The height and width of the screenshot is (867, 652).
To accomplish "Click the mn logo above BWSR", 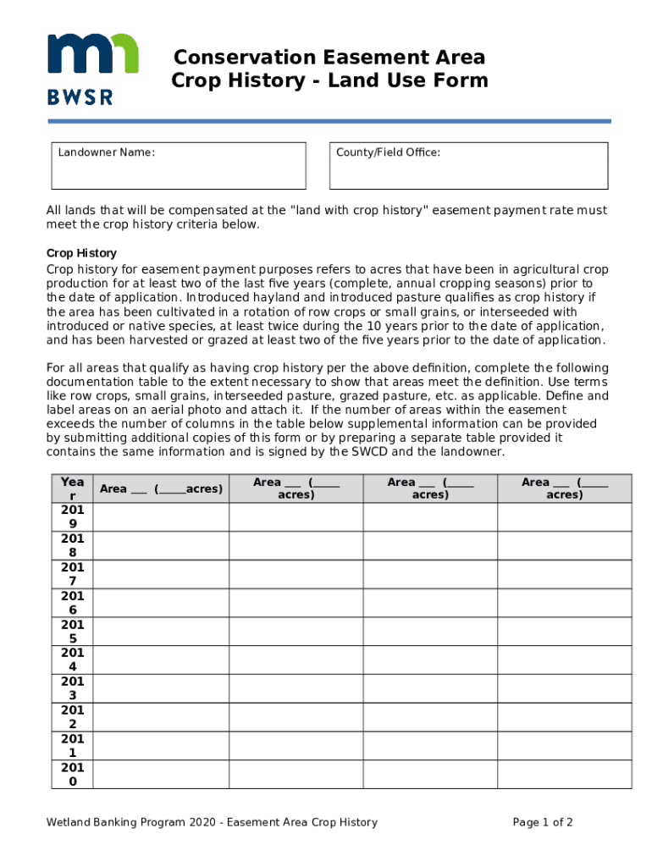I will point(92,56).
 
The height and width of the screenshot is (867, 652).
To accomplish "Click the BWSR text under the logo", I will point(80,97).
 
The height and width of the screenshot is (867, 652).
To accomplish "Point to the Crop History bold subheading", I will point(81,253).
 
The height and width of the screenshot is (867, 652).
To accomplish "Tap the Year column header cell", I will point(72,489).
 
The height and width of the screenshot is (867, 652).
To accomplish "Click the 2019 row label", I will point(72,517).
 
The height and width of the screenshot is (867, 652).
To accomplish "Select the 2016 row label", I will point(72,604).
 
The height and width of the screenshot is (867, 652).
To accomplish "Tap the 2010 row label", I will point(72,775).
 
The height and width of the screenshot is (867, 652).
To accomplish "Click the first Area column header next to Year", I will point(161,489).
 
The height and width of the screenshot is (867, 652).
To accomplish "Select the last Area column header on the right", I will point(564,489).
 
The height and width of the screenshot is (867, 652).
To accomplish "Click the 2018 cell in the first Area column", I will point(161,546).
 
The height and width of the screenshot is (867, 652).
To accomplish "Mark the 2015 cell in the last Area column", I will point(564,632).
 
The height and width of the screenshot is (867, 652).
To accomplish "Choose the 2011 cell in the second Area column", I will point(296,746).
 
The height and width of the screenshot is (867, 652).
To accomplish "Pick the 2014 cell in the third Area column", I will point(430,660).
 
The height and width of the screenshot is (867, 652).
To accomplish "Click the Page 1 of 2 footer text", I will point(543,822).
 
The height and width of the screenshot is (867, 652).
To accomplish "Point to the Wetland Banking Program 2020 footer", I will point(212,822).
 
